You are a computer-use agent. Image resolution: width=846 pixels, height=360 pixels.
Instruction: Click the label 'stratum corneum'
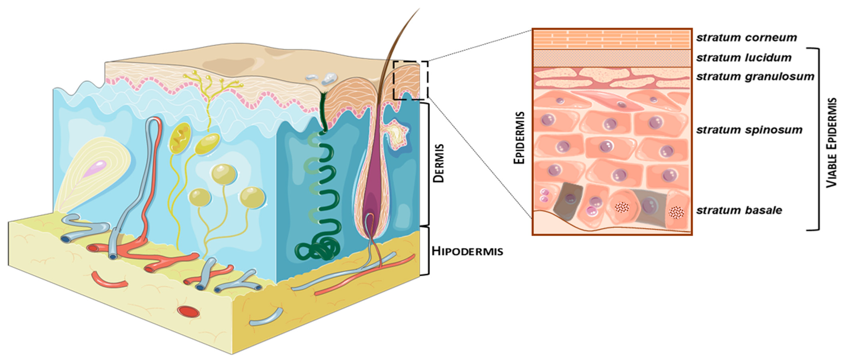coord(746,38)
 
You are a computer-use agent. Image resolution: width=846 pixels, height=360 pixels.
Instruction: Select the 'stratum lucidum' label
coord(744,58)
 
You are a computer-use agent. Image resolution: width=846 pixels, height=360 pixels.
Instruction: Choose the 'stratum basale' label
coord(739,210)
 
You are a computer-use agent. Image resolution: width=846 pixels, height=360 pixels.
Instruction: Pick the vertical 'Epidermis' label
coord(519,138)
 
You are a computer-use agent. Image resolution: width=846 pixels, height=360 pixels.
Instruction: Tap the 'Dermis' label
coord(438,163)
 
